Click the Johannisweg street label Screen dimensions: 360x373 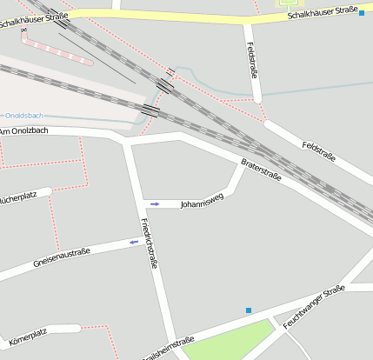[x=202, y=203]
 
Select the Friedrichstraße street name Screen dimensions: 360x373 [x=150, y=243]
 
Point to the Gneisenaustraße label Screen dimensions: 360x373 [x=62, y=257]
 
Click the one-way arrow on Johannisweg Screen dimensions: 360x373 [x=155, y=203]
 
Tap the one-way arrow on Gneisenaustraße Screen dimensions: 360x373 [x=135, y=243]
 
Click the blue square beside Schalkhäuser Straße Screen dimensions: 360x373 [x=362, y=13]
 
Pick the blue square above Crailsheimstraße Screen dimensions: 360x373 [x=249, y=310]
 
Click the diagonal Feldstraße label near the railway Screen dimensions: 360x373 [x=318, y=149]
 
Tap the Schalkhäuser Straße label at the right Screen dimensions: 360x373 [x=323, y=11]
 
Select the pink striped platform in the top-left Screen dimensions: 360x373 [x=57, y=50]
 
